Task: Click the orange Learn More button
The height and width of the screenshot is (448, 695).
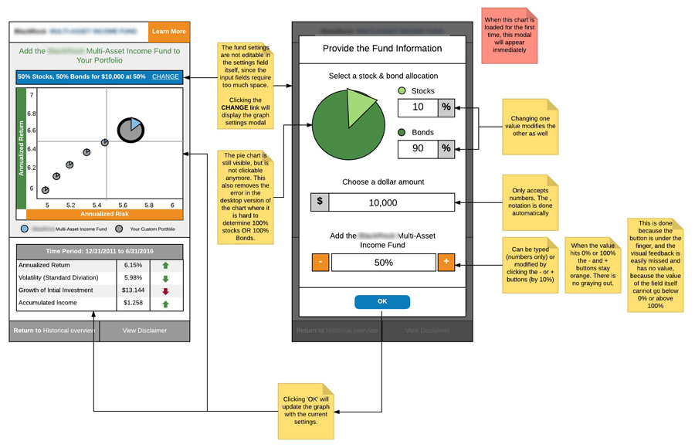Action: click(168, 32)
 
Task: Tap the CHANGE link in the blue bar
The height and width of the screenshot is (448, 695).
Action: click(165, 77)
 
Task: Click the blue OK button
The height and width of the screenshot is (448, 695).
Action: click(382, 301)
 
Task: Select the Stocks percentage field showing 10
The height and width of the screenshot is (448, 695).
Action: click(419, 107)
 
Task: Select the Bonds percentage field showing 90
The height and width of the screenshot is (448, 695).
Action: click(419, 148)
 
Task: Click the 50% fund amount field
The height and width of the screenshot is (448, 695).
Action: click(384, 263)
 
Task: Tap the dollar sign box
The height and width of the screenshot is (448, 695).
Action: click(320, 202)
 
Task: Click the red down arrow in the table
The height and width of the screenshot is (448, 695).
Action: click(164, 290)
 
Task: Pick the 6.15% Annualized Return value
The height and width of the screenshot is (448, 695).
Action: click(133, 265)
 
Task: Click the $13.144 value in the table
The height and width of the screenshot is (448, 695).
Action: click(133, 290)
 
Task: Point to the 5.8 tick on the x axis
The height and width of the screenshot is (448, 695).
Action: click(149, 205)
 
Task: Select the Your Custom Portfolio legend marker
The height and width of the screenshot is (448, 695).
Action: click(119, 229)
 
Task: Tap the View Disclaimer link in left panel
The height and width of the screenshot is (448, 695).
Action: click(144, 331)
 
